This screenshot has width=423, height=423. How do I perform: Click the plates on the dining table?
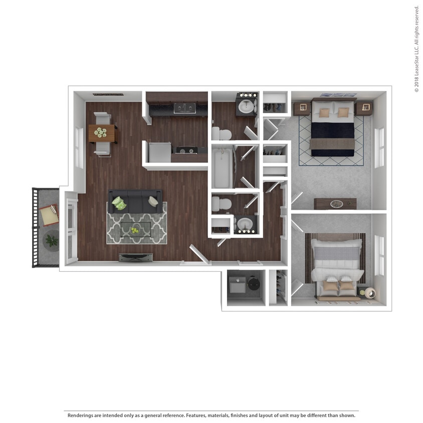pos(101,133)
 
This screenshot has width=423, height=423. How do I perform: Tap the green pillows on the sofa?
pos(119,203)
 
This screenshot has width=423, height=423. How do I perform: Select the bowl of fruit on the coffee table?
pos(135,231)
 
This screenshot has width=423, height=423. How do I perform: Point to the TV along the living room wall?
pos(136,257)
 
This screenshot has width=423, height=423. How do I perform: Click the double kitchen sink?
pos(184,108)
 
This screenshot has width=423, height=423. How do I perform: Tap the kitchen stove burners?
pos(187,150)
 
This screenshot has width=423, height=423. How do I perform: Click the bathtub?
pos(222,167)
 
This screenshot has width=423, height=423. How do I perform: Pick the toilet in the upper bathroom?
pos(221,133)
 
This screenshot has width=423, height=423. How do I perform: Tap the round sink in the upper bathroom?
pos(246,106)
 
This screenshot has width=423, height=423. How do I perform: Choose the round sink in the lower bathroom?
pos(245,224)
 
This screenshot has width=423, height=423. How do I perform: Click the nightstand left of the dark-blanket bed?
pos(301,108)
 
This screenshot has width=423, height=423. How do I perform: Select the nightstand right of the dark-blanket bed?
pos(364,107)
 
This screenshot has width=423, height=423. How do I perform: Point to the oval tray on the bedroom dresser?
pos(336,203)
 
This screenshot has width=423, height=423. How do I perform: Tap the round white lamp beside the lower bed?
pos(370,293)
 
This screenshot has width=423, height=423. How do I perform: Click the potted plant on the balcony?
pos(51,241)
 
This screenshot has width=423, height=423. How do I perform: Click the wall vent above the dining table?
pos(108,94)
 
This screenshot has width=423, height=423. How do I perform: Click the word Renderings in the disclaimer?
pos(81,415)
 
